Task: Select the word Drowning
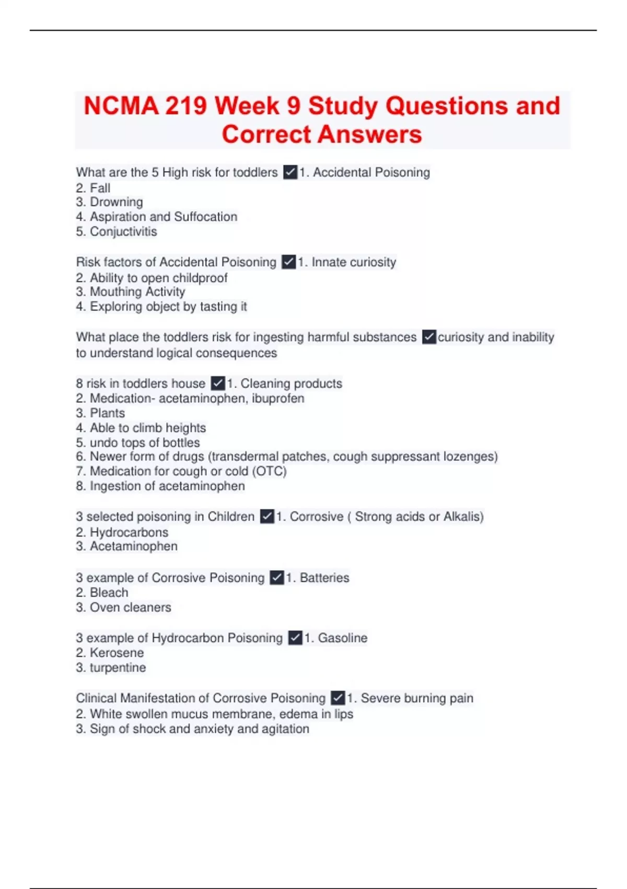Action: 116,202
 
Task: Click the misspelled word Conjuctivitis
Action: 123,232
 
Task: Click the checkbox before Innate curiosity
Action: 289,262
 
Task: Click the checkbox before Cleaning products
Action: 218,383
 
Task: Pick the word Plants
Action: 107,413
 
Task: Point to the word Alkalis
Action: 462,517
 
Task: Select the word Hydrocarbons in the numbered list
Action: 129,532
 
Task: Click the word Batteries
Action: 324,578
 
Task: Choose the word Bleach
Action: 109,592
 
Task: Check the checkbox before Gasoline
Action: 295,638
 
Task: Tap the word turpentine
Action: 118,668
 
